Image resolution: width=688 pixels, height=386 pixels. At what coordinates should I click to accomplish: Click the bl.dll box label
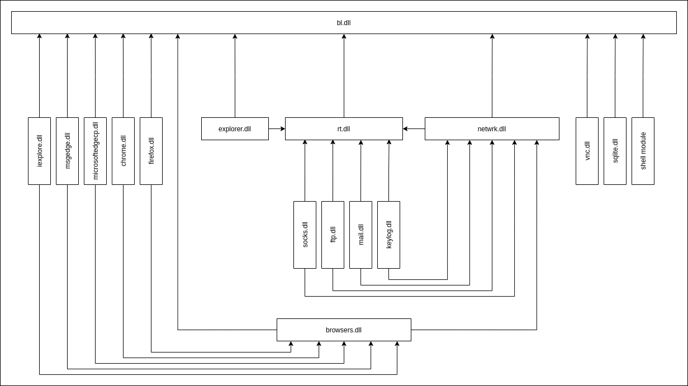[344, 23]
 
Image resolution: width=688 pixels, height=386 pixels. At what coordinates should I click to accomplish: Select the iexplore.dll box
[39, 151]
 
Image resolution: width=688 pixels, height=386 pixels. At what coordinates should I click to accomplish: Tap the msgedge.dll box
[67, 151]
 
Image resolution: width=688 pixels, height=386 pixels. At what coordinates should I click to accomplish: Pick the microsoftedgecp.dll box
[95, 151]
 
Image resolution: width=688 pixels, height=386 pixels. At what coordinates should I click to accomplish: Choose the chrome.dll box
[123, 151]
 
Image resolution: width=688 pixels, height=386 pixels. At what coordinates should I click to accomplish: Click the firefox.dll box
[151, 151]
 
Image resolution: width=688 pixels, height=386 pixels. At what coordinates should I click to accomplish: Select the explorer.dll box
[235, 128]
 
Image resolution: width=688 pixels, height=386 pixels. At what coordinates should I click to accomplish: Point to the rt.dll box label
[344, 129]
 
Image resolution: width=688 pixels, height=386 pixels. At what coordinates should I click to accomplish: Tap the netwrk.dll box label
[492, 129]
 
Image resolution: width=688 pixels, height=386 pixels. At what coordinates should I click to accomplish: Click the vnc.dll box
[587, 151]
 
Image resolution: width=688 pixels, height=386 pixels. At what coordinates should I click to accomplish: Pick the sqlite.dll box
[615, 151]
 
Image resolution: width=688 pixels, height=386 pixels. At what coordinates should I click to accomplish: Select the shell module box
[643, 151]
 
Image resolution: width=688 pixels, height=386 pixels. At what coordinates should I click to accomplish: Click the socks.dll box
[305, 235]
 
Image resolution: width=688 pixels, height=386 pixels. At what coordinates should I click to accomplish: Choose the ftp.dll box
[333, 235]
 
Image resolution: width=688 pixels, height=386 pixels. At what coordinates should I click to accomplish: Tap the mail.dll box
[360, 235]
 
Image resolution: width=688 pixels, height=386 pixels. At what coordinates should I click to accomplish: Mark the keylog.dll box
[388, 235]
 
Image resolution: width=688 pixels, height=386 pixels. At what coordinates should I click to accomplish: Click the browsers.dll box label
[344, 330]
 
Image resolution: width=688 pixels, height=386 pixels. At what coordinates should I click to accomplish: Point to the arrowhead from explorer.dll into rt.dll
[283, 128]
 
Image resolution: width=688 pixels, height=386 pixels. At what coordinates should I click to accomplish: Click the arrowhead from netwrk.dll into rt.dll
[405, 128]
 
